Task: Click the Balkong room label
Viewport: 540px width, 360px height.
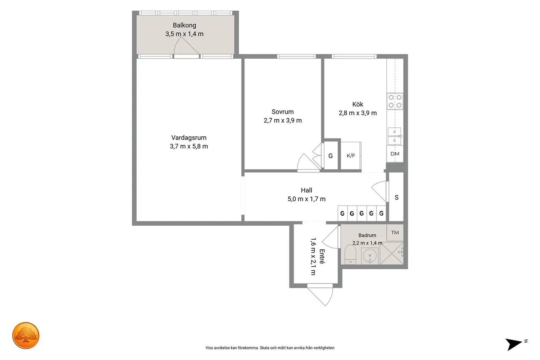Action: coord(184,25)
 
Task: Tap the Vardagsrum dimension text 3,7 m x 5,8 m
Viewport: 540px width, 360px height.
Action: coord(189,146)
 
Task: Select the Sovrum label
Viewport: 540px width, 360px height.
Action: coord(283,112)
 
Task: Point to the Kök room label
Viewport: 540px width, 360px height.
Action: coord(358,104)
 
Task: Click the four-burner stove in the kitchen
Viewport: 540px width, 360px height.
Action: coord(395,101)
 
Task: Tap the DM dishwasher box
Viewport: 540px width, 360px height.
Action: coord(395,154)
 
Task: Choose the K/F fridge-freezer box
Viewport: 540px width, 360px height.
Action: coord(351,156)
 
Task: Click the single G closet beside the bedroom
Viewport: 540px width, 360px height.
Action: coord(330,156)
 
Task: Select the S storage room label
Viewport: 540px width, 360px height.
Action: coord(397,198)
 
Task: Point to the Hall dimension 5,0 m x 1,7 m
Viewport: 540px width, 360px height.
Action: coord(306,199)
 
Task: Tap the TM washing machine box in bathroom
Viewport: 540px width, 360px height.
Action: coord(395,233)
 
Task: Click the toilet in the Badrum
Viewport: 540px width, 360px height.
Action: coord(350,255)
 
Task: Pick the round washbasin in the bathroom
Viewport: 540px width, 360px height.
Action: coord(370,256)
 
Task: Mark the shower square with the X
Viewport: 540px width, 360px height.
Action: coord(391,253)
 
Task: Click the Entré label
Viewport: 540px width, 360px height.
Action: coord(322,256)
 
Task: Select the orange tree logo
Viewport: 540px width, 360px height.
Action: coord(26,336)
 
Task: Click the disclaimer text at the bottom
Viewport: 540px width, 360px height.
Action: coord(270,348)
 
